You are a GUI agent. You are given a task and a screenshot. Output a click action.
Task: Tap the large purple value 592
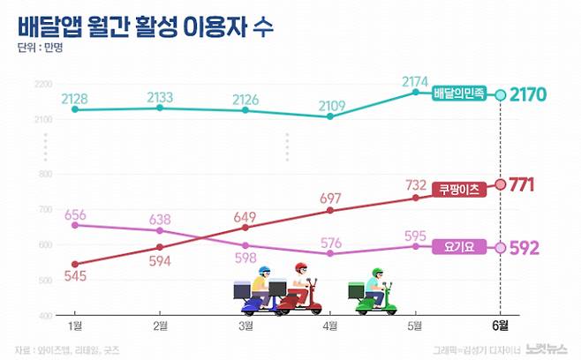(530, 248)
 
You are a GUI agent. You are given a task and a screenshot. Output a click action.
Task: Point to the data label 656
(75, 214)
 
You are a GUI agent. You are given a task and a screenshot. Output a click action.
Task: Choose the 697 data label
(328, 195)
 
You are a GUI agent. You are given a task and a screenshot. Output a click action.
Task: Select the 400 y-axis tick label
(43, 314)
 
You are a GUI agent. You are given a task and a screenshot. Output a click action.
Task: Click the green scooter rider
(374, 290)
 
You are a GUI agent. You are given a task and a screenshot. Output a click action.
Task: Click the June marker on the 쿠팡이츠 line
(500, 184)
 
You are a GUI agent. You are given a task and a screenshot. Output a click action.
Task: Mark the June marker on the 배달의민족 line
(500, 94)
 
